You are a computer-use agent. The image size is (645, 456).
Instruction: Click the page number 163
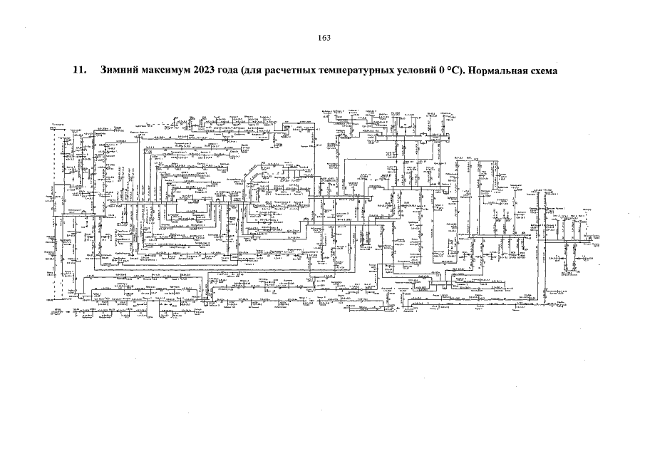coord(322,38)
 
